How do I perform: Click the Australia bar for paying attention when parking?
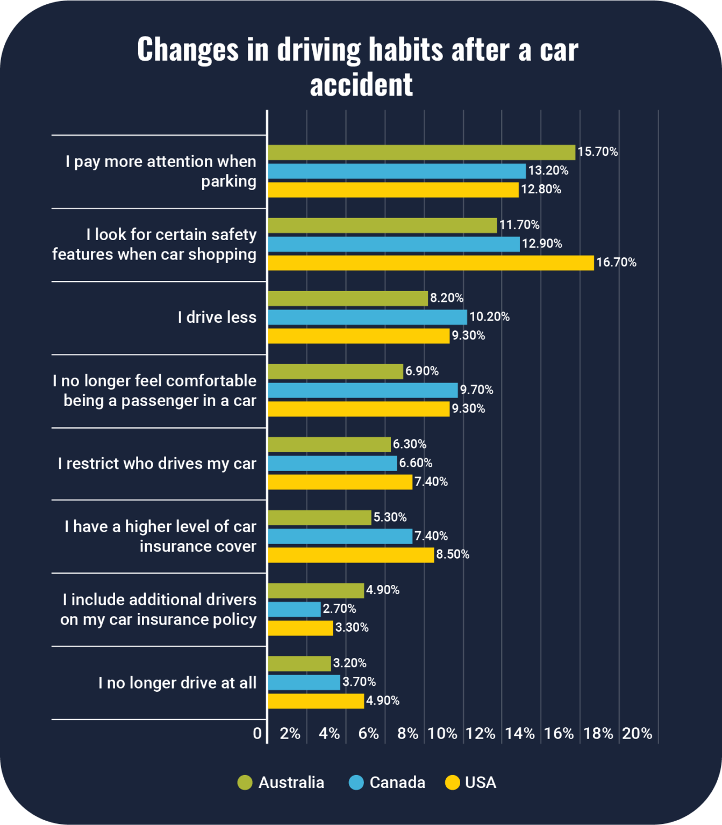tap(421, 153)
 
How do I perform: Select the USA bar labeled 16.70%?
tap(431, 263)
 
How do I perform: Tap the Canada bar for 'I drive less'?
tap(367, 317)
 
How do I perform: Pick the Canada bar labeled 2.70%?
tap(294, 609)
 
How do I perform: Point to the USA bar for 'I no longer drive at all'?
tap(316, 701)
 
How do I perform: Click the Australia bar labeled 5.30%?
tap(319, 518)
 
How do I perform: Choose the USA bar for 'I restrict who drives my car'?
tap(340, 482)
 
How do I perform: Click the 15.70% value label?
tap(598, 152)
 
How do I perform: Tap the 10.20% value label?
tap(489, 317)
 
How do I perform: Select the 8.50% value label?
tap(453, 554)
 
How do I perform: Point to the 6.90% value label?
tap(422, 371)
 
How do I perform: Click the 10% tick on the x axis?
tap(442, 734)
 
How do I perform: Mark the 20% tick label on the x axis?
tap(637, 734)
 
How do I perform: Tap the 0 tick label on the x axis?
tap(258, 734)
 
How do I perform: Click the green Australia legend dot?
tap(245, 783)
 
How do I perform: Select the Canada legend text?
tap(397, 783)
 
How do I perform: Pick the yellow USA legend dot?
tap(453, 783)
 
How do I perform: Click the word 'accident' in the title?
tap(361, 85)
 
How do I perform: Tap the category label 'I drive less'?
tap(217, 317)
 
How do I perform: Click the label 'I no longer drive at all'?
tap(177, 683)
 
